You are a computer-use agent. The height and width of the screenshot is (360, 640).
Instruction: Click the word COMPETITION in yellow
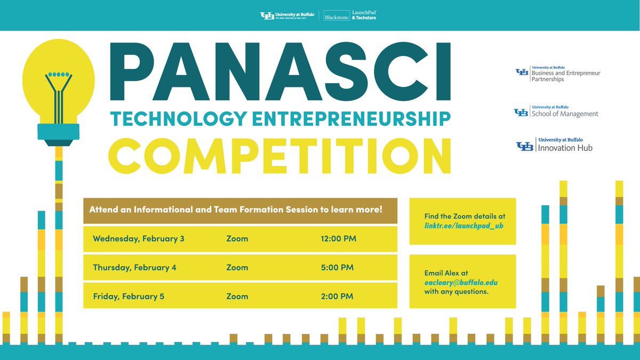coord(279,155)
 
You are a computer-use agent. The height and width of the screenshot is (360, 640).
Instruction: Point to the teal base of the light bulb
coord(58,131)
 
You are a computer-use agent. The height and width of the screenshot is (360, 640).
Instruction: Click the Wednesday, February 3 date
coord(139,238)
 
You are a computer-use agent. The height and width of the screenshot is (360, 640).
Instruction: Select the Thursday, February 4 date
coord(134,267)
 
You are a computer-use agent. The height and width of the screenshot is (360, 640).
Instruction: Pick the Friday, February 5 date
coord(129,296)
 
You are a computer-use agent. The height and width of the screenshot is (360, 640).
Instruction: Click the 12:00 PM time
coord(338,238)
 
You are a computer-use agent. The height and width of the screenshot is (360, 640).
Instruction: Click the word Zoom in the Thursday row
coord(237,267)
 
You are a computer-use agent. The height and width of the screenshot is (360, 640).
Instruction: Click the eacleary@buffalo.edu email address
coord(461,283)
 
